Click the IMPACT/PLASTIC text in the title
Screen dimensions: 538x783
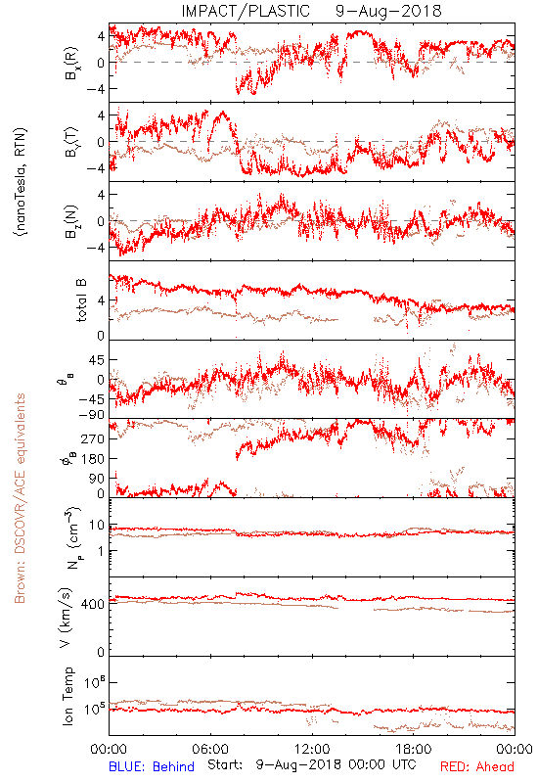[246, 11]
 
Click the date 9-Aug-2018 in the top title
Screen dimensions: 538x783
[388, 11]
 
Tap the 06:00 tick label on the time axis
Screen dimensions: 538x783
[210, 749]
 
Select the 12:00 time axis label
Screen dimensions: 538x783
[312, 749]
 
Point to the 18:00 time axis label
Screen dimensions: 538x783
[414, 749]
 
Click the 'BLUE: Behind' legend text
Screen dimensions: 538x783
[152, 766]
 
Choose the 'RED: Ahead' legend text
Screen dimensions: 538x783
[476, 766]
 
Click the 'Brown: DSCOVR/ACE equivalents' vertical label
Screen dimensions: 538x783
[20, 498]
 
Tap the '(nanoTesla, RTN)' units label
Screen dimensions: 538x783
[21, 181]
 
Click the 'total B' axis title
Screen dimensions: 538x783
[81, 300]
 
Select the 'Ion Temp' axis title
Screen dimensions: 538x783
[67, 696]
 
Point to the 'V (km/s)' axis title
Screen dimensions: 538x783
[66, 618]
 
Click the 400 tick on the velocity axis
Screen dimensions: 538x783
[93, 604]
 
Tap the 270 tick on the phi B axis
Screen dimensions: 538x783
[93, 438]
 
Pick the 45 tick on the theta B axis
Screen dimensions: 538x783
[97, 360]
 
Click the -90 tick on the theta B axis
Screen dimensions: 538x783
[93, 415]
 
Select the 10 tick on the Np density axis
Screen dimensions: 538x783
[97, 525]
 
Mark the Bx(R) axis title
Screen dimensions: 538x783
[71, 63]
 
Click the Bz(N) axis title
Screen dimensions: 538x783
[71, 221]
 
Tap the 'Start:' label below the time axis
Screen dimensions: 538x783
[225, 765]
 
